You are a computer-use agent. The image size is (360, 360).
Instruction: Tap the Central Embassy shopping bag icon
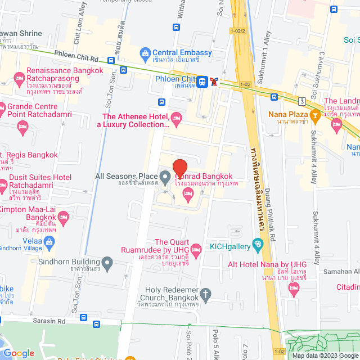click(145, 53)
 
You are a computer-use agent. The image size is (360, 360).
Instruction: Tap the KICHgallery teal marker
click(258, 245)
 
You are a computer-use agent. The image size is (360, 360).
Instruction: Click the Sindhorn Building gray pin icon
click(108, 262)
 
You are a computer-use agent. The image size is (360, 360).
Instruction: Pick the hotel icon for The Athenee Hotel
click(175, 118)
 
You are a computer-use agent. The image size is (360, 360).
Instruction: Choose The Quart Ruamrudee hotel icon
click(196, 249)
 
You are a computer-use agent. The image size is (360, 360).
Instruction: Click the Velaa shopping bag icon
click(49, 242)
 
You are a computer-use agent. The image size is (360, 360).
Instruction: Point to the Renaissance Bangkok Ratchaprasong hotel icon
click(19, 78)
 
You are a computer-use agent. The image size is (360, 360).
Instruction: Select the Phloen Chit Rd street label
click(76, 57)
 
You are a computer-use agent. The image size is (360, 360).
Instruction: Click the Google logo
click(19, 353)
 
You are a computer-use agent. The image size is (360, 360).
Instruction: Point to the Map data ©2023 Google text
click(324, 355)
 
